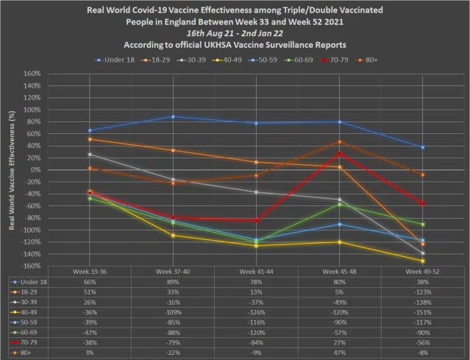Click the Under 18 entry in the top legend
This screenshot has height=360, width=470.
pos(115,60)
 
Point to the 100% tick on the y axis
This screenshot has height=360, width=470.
pos(32,110)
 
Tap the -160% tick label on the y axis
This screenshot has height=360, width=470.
pos(31,266)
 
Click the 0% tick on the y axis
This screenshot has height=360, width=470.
pos(35,170)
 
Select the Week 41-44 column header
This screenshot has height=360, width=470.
pos(256,272)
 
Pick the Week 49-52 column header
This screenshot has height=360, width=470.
pos(423,272)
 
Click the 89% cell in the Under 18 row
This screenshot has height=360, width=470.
pos(173,282)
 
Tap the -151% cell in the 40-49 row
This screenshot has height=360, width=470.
pos(423,312)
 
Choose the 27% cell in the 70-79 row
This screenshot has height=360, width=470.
pos(339,342)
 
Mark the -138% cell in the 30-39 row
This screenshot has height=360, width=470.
pos(423,302)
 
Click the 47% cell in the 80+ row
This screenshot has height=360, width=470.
pos(339,353)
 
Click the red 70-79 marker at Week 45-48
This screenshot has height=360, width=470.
pos(340,154)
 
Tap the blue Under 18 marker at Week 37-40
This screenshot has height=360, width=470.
pos(173,116)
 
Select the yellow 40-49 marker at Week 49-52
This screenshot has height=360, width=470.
pos(423,261)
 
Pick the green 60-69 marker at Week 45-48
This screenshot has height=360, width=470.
pos(340,205)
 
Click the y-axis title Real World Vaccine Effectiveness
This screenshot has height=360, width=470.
pos(12,170)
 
